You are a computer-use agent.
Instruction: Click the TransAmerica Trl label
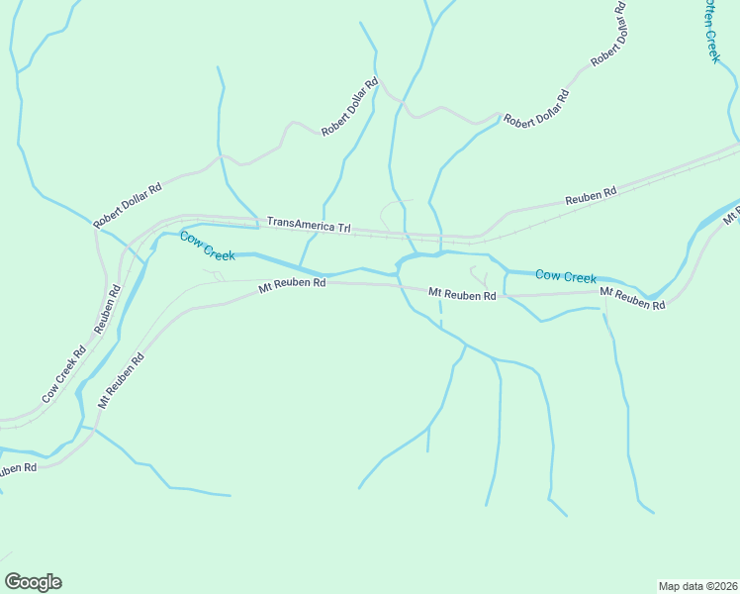click(x=309, y=227)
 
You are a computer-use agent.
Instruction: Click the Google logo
click(x=33, y=582)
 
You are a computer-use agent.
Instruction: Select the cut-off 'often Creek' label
click(x=711, y=31)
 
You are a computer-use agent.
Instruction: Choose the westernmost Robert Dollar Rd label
click(x=127, y=206)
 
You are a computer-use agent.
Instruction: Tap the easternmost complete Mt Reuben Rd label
click(x=632, y=299)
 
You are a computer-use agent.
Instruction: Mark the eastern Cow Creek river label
click(x=566, y=277)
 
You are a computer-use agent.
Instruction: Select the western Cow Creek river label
click(x=207, y=247)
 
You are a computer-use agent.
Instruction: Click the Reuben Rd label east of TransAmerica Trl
click(x=591, y=197)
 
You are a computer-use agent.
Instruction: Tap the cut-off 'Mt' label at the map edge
click(x=732, y=214)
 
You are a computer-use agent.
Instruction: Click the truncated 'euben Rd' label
click(x=17, y=468)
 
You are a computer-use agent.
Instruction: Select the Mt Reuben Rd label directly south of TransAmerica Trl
click(x=292, y=284)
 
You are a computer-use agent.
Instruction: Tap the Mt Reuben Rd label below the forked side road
click(x=462, y=295)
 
